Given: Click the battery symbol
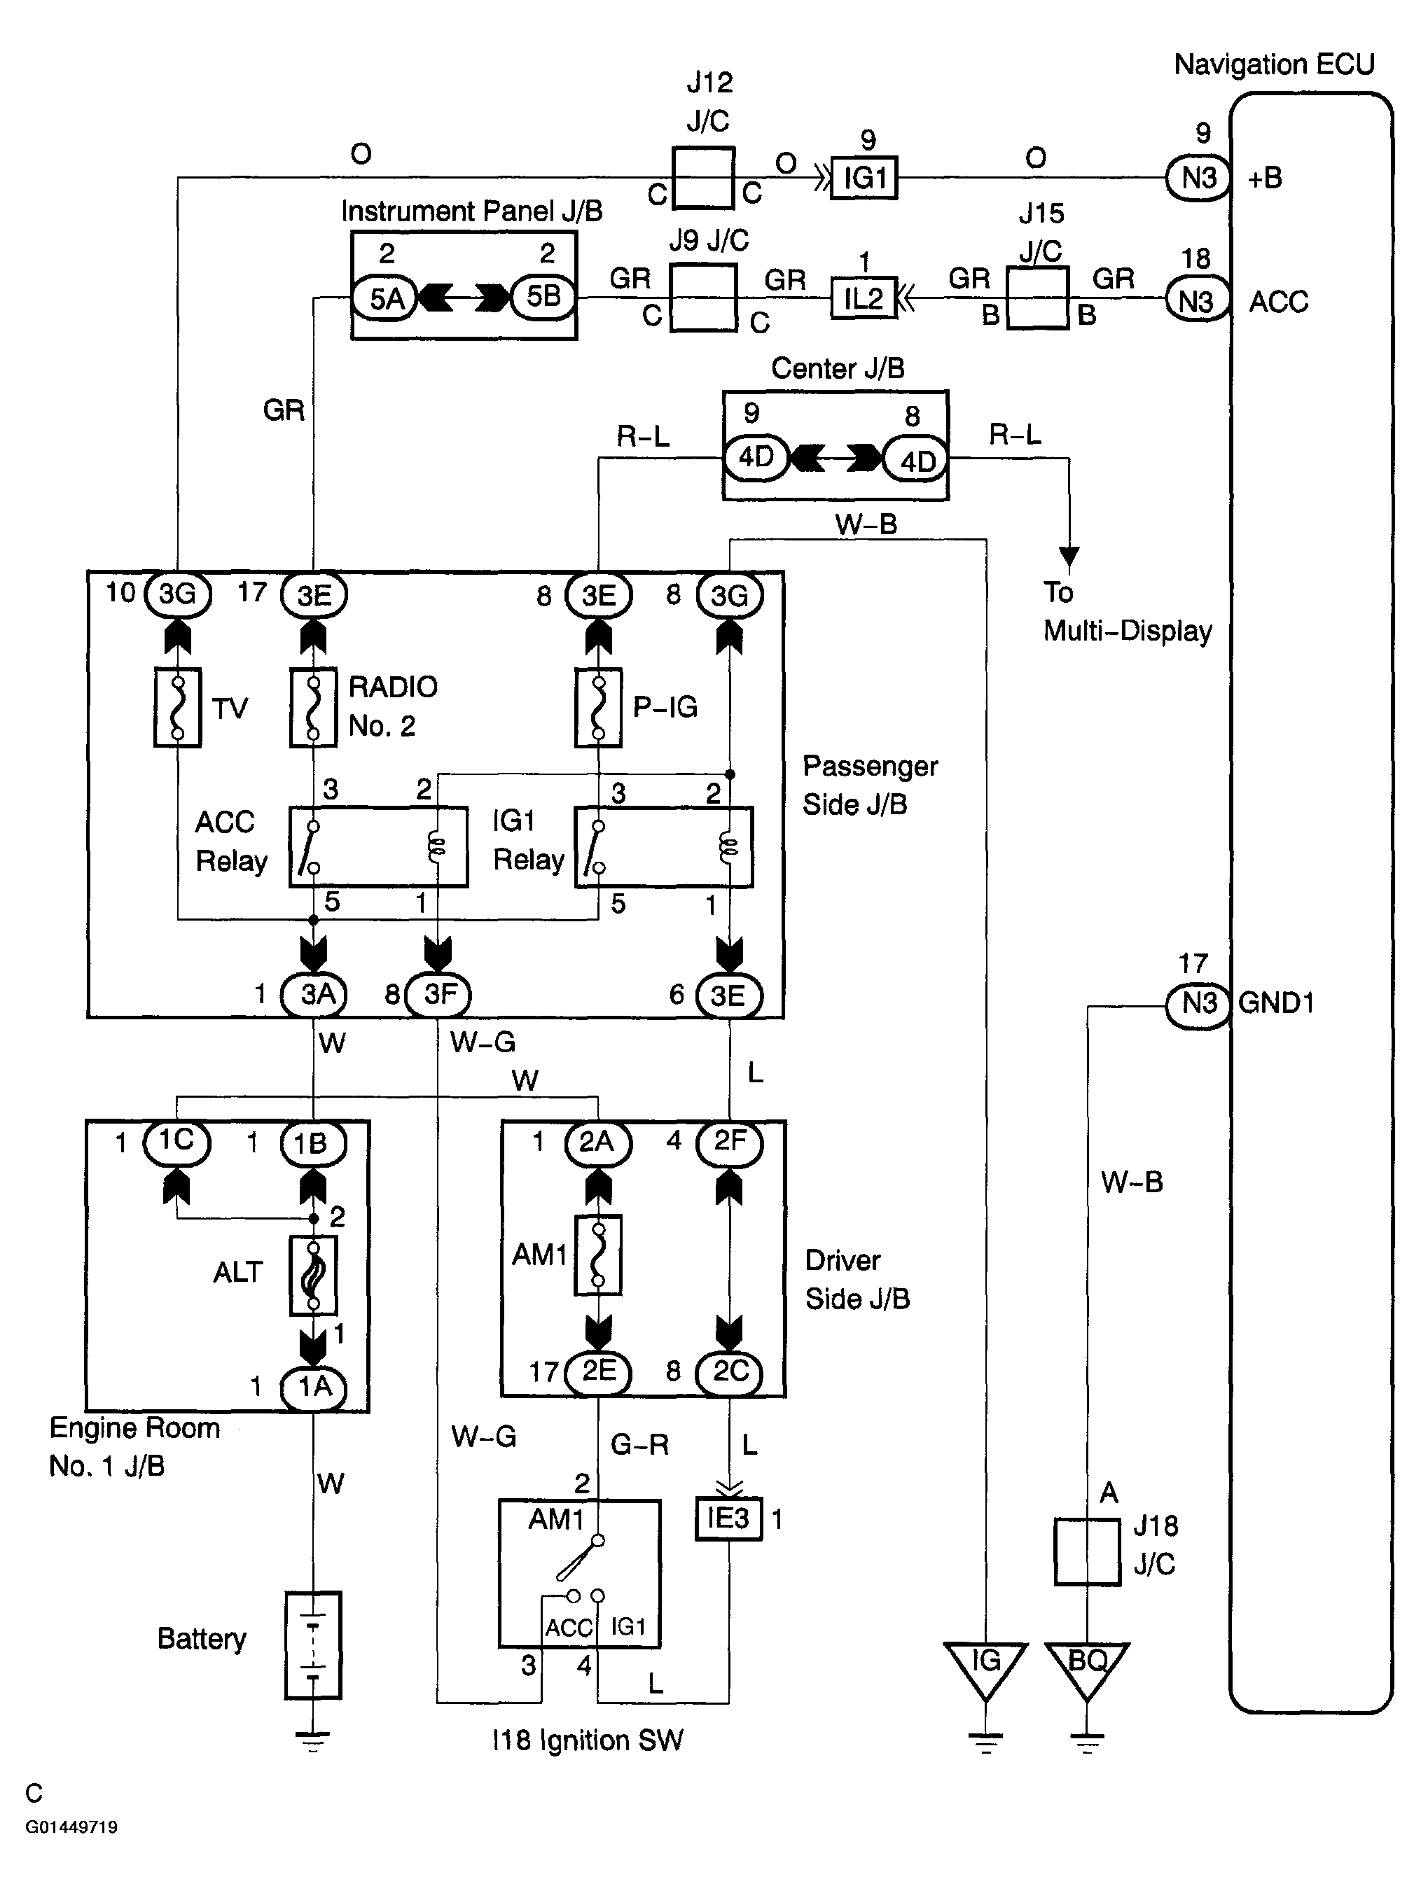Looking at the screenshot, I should pos(313,1644).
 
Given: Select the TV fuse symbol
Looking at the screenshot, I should pos(177,708).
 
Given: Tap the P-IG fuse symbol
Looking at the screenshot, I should pos(598,708).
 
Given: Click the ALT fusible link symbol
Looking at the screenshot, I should pos(313,1276).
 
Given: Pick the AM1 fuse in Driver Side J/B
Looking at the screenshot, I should pos(598,1255).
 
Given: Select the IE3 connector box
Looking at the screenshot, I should pos(728,1518).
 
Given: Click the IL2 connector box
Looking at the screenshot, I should pos(864,298).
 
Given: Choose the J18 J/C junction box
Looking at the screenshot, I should pos(1087,1551).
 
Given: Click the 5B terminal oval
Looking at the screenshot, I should pos(543,297).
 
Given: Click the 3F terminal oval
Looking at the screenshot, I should pos(438,994).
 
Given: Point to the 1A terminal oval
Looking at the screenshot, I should pos(313,1386).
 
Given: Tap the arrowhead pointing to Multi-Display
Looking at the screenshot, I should pos(1069,557).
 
